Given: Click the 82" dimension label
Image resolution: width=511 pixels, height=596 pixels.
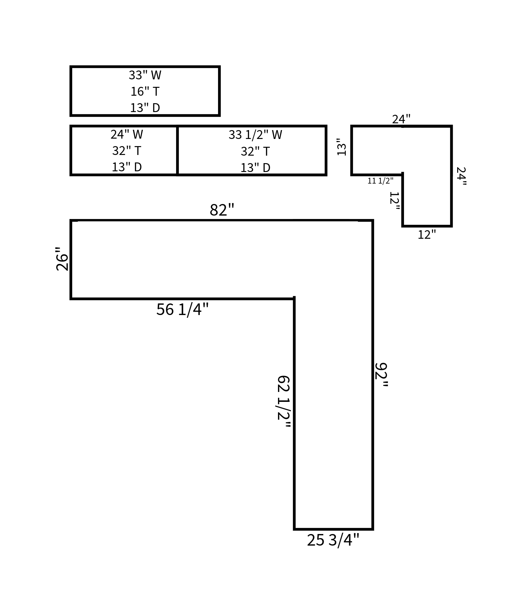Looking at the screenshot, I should pos(222,210).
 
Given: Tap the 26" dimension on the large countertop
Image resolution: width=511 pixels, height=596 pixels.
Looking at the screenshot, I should pos(62,259).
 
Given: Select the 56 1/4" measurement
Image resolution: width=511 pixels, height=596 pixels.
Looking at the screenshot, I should pos(182,310).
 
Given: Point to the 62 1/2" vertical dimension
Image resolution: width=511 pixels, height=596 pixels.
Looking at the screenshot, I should pos(283,402).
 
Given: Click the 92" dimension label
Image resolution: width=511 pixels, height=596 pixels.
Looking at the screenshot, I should pos(381,375).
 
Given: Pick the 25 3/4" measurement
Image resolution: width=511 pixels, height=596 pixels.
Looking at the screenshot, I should pos(333,540).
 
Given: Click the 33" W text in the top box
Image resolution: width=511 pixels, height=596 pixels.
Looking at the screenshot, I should pos(145,75).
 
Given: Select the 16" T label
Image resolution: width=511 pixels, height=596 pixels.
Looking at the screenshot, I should pos(145,92).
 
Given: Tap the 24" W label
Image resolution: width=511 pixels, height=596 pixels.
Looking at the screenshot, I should pos(126,135).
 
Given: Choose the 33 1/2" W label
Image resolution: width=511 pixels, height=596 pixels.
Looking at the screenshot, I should pos(255,135).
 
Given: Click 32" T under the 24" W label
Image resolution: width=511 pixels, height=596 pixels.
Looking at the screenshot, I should pos(126,151).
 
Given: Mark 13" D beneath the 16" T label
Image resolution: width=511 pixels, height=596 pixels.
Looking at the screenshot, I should pos(145,108).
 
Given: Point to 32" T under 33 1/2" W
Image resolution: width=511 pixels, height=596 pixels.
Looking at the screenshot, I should pos(255,152).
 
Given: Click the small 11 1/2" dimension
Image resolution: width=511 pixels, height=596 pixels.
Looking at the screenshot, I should pos(380,181).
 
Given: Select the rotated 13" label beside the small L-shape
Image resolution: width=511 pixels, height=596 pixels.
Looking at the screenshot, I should pos(341,147).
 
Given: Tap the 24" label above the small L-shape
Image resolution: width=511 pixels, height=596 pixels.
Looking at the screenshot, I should pos(401,119).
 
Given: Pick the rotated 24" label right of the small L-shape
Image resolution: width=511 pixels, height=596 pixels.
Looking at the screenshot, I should pos(461,176).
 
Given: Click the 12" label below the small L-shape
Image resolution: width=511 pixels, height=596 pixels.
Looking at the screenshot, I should pos(427,235).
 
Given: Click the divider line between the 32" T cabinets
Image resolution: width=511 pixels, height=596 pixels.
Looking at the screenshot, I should pos(177,151).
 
